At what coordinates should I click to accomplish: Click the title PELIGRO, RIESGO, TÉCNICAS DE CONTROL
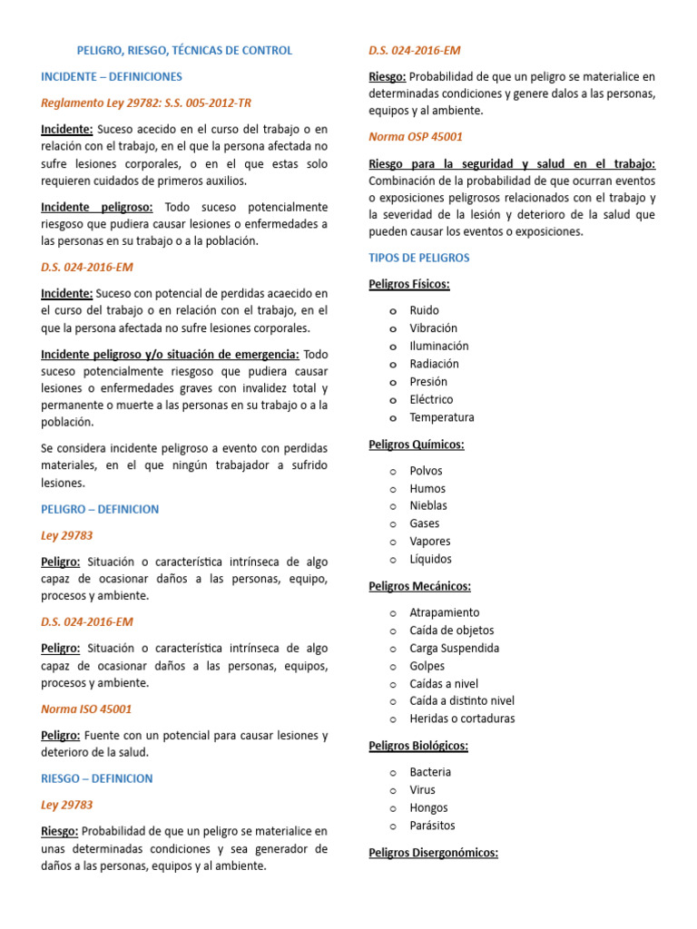pyautogui.click(x=184, y=51)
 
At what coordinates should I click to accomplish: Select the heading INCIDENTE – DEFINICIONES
pyautogui.click(x=112, y=77)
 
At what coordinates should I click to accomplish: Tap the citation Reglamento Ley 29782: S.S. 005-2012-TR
pyautogui.click(x=146, y=103)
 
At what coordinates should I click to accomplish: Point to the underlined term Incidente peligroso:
pyautogui.click(x=97, y=207)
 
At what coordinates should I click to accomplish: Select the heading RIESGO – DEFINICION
pyautogui.click(x=97, y=778)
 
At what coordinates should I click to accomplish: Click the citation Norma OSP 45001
pyautogui.click(x=416, y=137)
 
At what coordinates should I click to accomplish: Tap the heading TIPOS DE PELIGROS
pyautogui.click(x=419, y=258)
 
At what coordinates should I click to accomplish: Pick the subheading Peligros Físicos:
pyautogui.click(x=409, y=284)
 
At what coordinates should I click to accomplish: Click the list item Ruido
pyautogui.click(x=424, y=310)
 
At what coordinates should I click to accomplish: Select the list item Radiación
pyautogui.click(x=434, y=364)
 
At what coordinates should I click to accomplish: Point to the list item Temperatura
pyautogui.click(x=442, y=417)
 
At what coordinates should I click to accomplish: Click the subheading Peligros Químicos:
pyautogui.click(x=417, y=445)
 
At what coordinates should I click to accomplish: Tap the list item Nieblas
pyautogui.click(x=428, y=505)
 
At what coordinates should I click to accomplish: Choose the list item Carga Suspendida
pyautogui.click(x=454, y=648)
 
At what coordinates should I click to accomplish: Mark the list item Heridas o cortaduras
pyautogui.click(x=462, y=719)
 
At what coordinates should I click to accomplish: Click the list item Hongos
pyautogui.click(x=428, y=807)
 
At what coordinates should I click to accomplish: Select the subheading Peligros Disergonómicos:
pyautogui.click(x=434, y=853)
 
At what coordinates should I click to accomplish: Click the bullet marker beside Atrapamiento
pyautogui.click(x=392, y=613)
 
